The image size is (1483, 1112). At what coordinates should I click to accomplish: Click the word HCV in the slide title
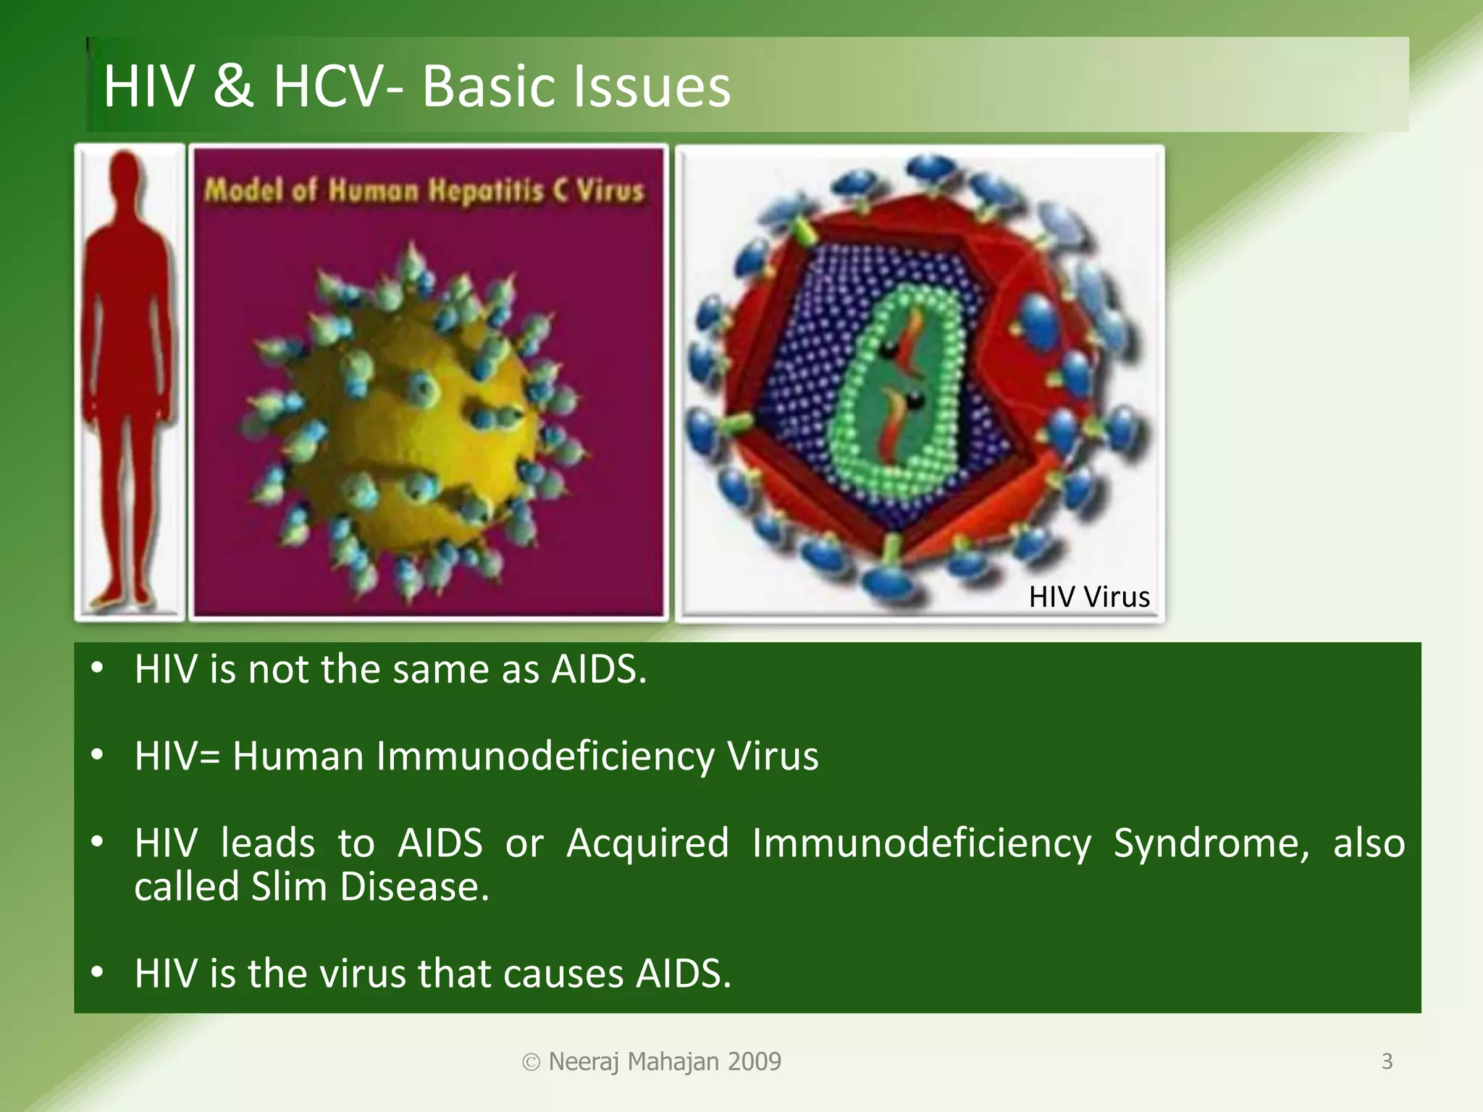point(326,87)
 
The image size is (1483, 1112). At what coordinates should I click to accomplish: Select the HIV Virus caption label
point(1088,597)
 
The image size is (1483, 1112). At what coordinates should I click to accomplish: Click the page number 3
point(1387,1061)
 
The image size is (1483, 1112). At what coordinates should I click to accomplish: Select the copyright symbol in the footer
point(531,1063)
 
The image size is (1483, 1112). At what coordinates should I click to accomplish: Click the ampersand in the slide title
point(233,87)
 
